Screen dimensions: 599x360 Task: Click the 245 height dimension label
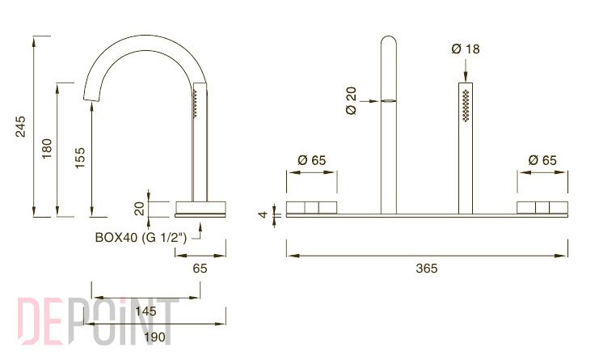coord(20,126)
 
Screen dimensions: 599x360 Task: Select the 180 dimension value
coord(47,149)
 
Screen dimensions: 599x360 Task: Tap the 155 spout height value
coord(80,158)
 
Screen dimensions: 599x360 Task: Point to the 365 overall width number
coord(426,269)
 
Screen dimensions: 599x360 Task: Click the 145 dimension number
coord(146,311)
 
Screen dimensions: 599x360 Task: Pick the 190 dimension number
coord(154,337)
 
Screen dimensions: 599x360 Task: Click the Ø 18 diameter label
coord(466,49)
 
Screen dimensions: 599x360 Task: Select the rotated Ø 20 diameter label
coord(351,100)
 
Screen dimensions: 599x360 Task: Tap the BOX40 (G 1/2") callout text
coord(141,237)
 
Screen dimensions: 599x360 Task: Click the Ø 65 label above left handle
coord(312,160)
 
